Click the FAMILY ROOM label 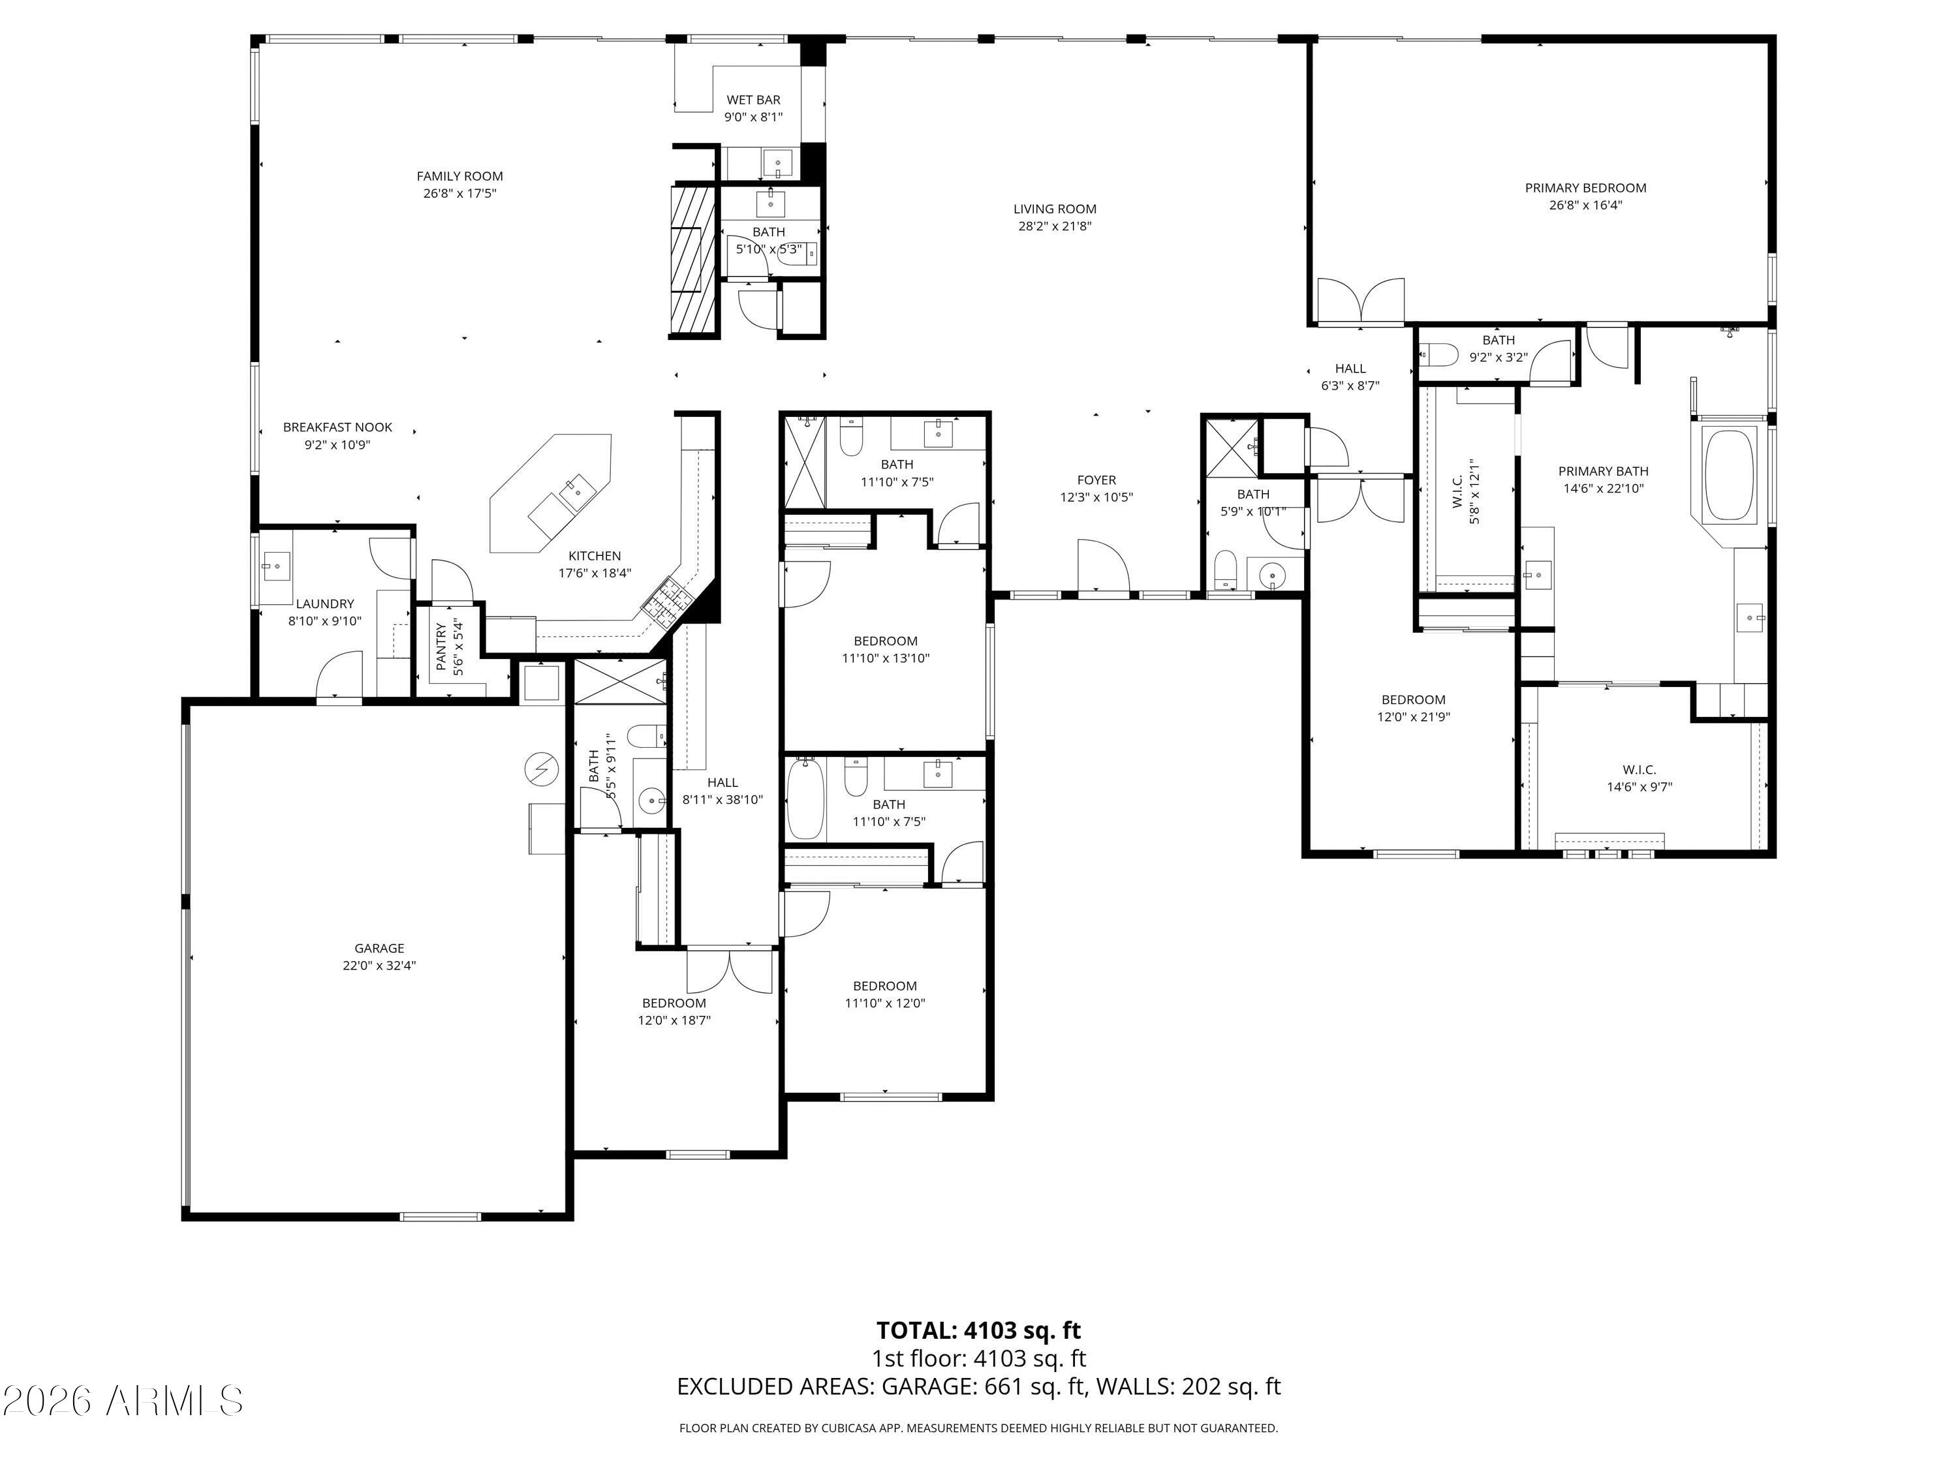(459, 176)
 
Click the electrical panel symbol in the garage (541, 769)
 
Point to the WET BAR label (753, 100)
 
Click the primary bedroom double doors (1361, 303)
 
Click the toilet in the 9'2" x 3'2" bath (1439, 355)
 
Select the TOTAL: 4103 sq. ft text (978, 1330)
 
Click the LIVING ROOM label (1054, 209)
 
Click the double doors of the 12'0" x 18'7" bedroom (730, 971)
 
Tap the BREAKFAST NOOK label (337, 427)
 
